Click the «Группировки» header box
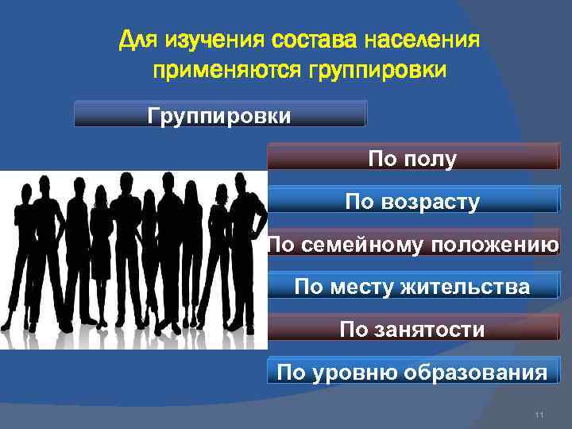(x=220, y=115)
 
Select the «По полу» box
(x=412, y=158)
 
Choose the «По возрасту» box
(x=412, y=201)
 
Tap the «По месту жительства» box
(x=412, y=286)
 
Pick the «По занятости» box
(x=412, y=329)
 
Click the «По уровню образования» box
(x=412, y=372)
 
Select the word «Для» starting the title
(x=133, y=39)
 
